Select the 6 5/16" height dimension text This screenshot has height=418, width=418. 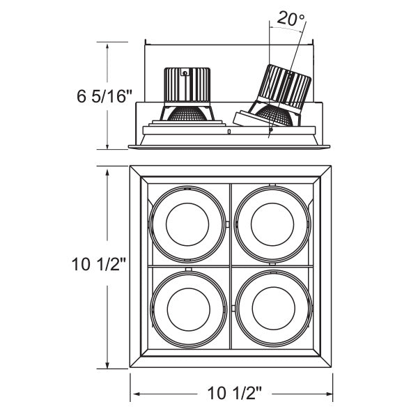pyautogui.click(x=104, y=96)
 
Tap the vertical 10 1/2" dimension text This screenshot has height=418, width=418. pyautogui.click(x=99, y=265)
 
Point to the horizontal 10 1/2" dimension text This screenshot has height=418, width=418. pyautogui.click(x=235, y=393)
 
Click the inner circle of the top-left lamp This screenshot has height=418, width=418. pyautogui.click(x=187, y=224)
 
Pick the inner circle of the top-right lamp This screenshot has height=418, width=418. pyautogui.click(x=272, y=224)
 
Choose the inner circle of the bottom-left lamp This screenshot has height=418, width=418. pyautogui.click(x=189, y=309)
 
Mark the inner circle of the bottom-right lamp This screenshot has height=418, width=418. pyautogui.click(x=274, y=309)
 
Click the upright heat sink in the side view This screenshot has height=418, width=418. pyautogui.click(x=187, y=85)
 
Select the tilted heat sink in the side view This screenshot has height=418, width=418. pyautogui.click(x=284, y=88)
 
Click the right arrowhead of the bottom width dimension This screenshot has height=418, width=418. pyautogui.click(x=328, y=394)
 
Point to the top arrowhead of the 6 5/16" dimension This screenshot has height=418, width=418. pyautogui.click(x=107, y=48)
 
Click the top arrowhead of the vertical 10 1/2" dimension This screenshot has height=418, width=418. pyautogui.click(x=107, y=173)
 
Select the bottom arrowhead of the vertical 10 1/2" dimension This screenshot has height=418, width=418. pyautogui.click(x=107, y=364)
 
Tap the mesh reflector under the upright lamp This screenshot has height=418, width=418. pyautogui.click(x=189, y=114)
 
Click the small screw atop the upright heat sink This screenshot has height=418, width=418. pyautogui.click(x=185, y=72)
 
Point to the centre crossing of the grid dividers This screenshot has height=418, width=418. pyautogui.click(x=231, y=266)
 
